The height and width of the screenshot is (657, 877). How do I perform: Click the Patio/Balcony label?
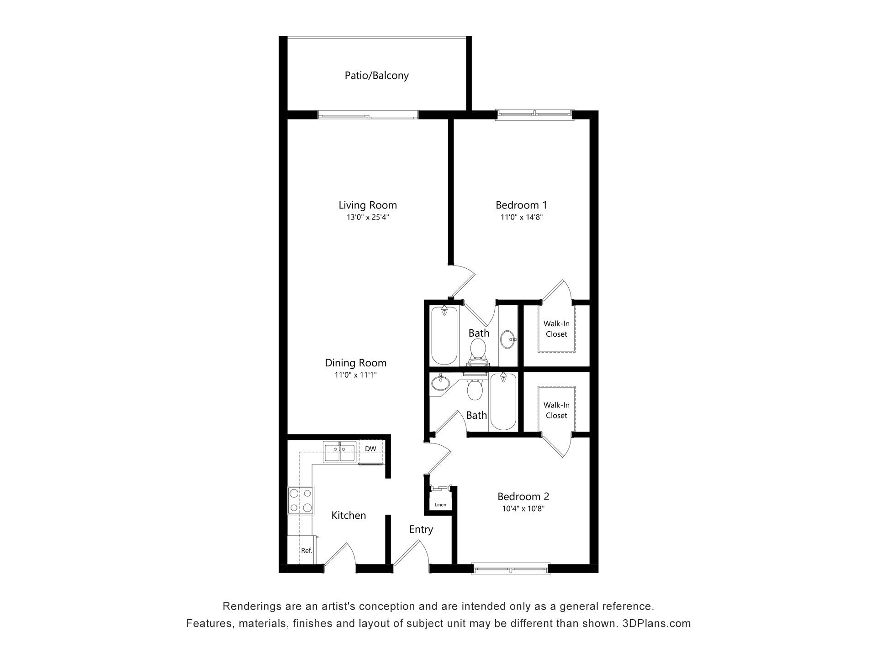click(376, 76)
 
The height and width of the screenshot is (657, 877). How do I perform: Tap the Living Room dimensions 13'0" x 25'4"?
click(367, 218)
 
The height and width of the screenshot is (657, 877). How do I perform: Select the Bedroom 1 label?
click(521, 205)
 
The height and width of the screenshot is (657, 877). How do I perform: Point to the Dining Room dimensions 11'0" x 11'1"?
click(355, 375)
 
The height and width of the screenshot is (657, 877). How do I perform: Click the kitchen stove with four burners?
click(301, 501)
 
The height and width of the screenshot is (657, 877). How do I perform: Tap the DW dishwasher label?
click(370, 449)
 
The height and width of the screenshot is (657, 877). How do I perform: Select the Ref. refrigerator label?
click(306, 551)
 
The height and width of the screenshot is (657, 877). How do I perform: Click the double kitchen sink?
click(339, 452)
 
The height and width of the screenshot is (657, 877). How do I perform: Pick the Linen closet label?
click(440, 505)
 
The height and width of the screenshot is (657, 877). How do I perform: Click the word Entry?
click(421, 529)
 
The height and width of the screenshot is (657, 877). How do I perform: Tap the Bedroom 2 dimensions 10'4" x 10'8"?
click(523, 509)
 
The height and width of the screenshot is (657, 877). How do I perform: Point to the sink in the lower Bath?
click(440, 383)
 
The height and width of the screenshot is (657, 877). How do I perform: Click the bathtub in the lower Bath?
click(503, 401)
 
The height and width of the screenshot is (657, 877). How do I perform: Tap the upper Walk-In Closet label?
click(556, 329)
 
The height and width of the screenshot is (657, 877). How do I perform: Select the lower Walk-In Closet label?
click(556, 410)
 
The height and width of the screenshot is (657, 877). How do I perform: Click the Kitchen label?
click(349, 516)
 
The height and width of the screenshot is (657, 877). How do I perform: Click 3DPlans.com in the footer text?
click(656, 623)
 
